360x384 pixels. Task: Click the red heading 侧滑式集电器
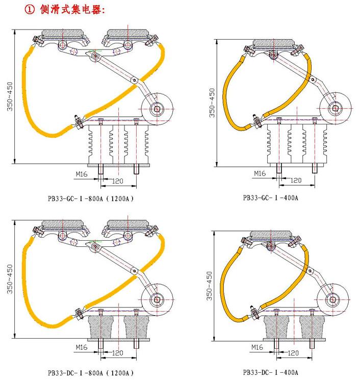[72, 10]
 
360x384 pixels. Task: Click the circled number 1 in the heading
[30, 10]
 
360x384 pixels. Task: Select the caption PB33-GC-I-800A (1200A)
[91, 198]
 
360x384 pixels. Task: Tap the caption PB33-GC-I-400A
[270, 197]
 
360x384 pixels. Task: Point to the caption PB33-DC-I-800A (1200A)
[91, 373]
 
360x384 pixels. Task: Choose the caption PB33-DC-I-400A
[270, 372]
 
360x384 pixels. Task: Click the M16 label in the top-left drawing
[82, 174]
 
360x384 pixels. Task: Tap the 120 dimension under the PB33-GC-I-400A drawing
[296, 180]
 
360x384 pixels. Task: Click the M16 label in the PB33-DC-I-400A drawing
[257, 347]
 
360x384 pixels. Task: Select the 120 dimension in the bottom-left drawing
[118, 353]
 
